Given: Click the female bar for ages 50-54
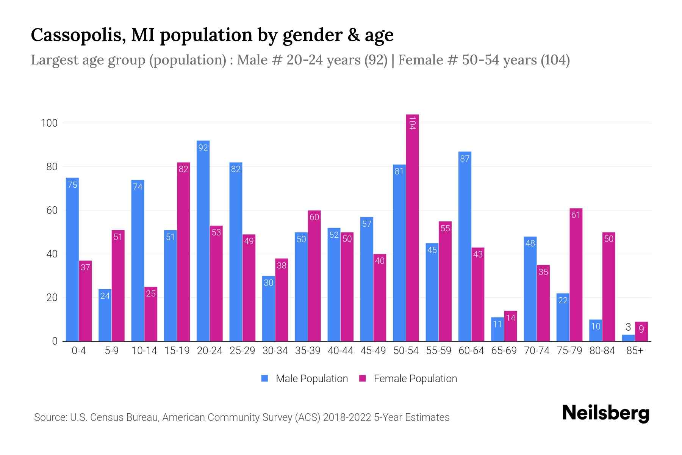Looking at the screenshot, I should [412, 227].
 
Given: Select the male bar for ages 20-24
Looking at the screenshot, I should [203, 243].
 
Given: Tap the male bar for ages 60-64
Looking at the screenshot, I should [465, 246].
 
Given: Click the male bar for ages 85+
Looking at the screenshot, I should [628, 338].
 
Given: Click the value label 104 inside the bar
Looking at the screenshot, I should [412, 123].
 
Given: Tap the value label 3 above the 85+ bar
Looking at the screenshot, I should [628, 327].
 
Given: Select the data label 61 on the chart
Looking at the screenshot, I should [576, 215].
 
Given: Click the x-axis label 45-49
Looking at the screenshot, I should [373, 351].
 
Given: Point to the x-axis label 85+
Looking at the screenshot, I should [635, 351].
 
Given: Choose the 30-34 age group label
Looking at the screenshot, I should [275, 351].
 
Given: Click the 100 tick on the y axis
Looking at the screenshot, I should [49, 123].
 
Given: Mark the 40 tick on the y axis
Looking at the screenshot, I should [52, 254].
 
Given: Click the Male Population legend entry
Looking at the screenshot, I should [311, 379].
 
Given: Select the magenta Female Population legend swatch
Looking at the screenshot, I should [363, 378].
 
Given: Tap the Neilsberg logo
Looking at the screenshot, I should [605, 413].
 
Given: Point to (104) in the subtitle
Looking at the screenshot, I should [555, 60].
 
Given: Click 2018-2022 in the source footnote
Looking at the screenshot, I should [347, 417].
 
